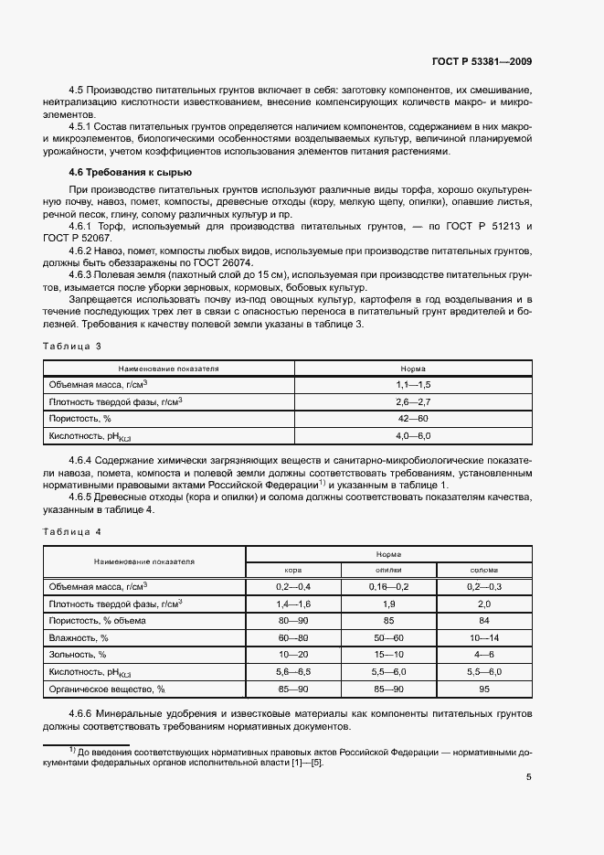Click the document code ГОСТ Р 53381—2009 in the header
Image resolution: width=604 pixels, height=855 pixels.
[x=482, y=62]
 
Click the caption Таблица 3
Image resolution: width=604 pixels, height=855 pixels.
[x=72, y=346]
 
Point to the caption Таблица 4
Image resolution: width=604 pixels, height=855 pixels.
[x=72, y=531]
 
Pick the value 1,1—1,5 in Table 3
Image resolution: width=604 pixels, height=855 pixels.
[x=412, y=385]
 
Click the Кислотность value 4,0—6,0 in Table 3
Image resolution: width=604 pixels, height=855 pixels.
[x=412, y=435]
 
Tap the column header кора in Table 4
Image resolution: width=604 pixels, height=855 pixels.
[x=293, y=569]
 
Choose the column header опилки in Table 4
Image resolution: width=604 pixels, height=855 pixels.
[x=388, y=569]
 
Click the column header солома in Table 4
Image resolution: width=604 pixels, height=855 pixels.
[x=483, y=569]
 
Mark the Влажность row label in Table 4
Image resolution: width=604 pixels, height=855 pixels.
[x=79, y=637]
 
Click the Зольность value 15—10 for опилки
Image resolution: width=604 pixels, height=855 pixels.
[x=388, y=655]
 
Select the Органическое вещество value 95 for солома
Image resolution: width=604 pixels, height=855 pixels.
[x=483, y=689]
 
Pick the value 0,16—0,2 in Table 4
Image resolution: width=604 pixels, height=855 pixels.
[x=388, y=585]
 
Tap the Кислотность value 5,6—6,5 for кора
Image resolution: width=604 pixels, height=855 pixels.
[x=293, y=671]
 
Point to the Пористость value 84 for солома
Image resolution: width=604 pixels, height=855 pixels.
[x=483, y=620]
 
